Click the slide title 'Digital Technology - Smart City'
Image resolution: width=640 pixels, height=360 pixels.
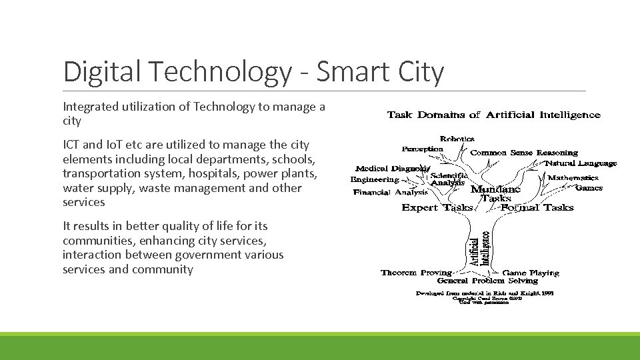point(253,72)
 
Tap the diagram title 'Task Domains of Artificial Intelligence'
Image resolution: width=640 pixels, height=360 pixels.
point(493,115)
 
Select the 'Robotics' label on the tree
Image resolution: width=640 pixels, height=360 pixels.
point(457,139)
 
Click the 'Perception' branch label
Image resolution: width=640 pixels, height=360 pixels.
point(422,149)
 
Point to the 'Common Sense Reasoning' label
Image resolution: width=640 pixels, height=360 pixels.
point(524,153)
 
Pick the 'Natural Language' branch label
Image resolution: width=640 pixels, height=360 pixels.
point(581,163)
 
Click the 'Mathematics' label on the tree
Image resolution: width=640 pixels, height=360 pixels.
point(573,178)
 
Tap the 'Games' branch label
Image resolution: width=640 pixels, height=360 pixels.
point(589,188)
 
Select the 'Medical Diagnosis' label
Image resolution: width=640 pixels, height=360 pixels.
point(392,169)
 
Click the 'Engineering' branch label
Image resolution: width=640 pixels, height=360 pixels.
point(375,180)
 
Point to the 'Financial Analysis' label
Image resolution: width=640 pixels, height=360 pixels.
point(391,193)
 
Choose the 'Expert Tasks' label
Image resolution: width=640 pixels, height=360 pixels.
point(437,207)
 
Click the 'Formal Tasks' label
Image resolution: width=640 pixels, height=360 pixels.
point(537,207)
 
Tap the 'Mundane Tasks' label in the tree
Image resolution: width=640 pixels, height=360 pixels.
point(495,194)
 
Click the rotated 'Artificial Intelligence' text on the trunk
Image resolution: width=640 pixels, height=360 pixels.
point(479,249)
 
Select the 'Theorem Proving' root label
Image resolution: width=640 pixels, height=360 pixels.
point(416,273)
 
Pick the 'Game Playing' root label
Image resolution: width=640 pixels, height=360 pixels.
point(531,273)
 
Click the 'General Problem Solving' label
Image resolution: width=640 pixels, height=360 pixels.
point(487,281)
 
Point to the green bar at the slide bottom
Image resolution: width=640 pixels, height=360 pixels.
point(320,347)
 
